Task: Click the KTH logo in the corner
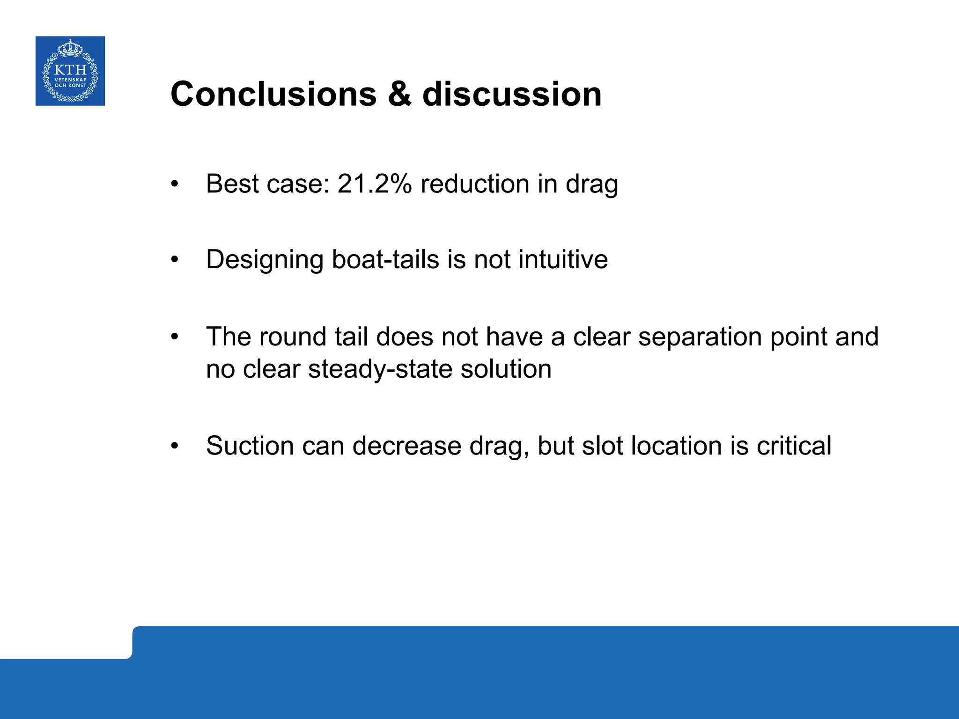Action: pos(70,71)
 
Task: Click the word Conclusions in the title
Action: pos(273,94)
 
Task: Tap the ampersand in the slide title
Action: pos(399,94)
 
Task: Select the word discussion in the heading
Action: pos(512,94)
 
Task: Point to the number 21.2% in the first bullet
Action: pos(374,183)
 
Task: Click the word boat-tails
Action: pos(385,259)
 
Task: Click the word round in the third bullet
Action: pos(292,337)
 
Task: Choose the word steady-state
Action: pos(380,369)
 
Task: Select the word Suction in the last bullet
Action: pos(250,446)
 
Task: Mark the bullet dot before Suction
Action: pos(175,447)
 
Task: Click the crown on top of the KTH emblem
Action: pos(70,48)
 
